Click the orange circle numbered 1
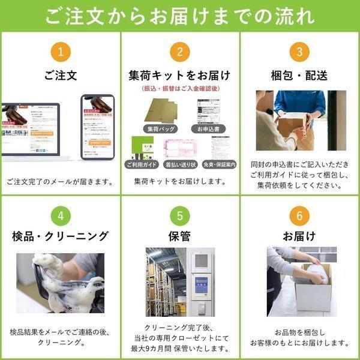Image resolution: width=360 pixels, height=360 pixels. (x=60, y=52)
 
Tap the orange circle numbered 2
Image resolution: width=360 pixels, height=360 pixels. (x=180, y=52)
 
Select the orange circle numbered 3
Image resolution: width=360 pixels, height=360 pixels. (x=299, y=52)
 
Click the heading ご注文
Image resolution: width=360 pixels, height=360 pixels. (x=60, y=76)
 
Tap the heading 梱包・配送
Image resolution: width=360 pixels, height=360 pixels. (x=299, y=76)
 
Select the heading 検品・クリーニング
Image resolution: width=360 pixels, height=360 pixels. (x=60, y=236)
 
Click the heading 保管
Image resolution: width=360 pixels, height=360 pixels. (x=180, y=236)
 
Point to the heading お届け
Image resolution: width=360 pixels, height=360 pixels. (x=299, y=236)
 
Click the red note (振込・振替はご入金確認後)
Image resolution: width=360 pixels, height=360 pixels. (x=180, y=89)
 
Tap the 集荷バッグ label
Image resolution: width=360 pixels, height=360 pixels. (x=159, y=129)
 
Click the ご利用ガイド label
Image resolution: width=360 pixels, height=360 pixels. (x=143, y=164)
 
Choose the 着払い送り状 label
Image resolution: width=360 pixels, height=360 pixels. (x=181, y=164)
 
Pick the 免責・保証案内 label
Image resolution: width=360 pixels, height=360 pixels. (x=220, y=164)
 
